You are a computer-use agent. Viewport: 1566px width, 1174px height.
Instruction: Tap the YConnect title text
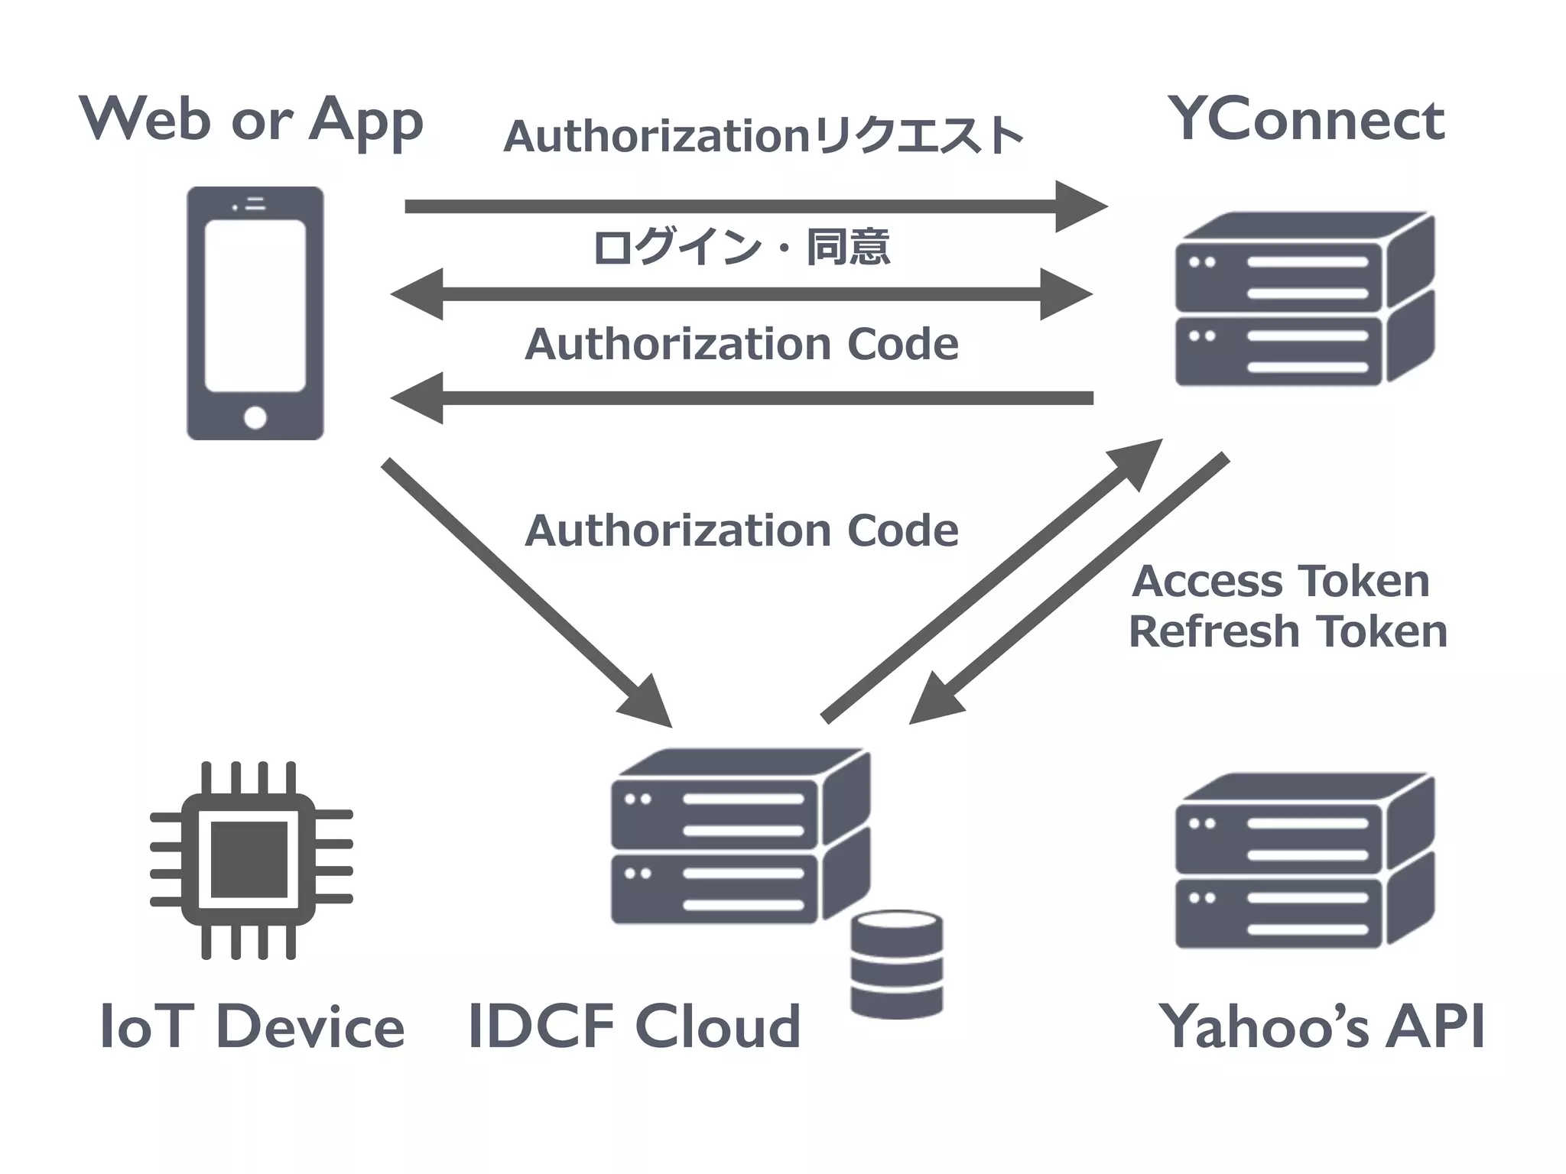coord(1305,121)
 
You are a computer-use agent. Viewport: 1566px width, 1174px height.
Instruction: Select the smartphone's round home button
coord(255,417)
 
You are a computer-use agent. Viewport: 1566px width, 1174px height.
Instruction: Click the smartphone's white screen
coord(255,306)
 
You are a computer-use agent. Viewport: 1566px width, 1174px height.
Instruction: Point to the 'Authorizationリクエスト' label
coord(763,137)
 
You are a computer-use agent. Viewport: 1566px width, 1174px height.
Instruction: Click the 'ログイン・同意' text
coord(741,247)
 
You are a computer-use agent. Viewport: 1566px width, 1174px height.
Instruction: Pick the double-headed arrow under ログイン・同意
coord(741,294)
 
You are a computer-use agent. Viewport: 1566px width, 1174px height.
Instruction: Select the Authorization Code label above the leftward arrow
coord(741,344)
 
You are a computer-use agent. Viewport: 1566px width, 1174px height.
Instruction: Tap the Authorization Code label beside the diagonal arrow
coord(741,530)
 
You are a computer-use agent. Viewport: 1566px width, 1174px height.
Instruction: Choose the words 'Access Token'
coord(1281,581)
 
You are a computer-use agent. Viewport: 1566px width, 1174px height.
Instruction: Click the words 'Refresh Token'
coord(1288,631)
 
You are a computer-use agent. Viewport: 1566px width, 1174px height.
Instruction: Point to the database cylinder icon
coord(896,965)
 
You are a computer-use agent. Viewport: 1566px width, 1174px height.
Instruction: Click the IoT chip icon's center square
coord(249,859)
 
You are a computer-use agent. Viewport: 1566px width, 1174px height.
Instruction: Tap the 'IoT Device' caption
coord(252,1026)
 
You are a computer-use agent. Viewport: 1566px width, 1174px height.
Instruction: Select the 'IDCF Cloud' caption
coord(634,1026)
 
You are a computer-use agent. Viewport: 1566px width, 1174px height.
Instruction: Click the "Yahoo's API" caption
coord(1321,1026)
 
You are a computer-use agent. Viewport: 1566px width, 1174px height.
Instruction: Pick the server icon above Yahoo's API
coord(1304,861)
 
